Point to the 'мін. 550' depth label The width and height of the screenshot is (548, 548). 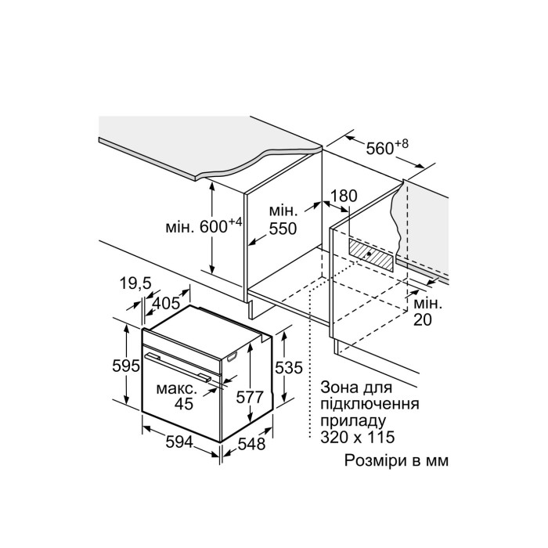[x=283, y=220]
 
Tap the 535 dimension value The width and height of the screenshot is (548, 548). [x=290, y=367]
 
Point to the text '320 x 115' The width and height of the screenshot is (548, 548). [x=357, y=438]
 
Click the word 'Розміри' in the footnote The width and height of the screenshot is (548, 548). [x=370, y=460]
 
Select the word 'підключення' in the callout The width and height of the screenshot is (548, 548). [x=369, y=405]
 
